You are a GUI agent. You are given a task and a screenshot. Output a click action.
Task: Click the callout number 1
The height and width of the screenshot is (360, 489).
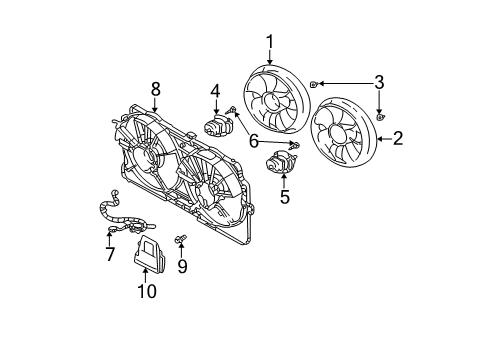point(269,41)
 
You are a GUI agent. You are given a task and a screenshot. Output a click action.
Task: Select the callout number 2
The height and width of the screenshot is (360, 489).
point(398,139)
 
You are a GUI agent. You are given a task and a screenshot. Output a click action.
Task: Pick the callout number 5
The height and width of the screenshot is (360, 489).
point(285,196)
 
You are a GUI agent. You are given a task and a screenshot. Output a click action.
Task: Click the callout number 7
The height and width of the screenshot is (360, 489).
point(110,255)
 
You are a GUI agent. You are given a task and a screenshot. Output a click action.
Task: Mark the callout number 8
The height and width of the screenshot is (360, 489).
point(155,90)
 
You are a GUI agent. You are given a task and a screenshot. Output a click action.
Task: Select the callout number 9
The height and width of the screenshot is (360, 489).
point(182,266)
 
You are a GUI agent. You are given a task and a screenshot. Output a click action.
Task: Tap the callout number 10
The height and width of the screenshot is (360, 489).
point(148,291)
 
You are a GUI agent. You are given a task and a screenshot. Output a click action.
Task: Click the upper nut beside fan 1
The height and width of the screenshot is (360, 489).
point(315,85)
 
